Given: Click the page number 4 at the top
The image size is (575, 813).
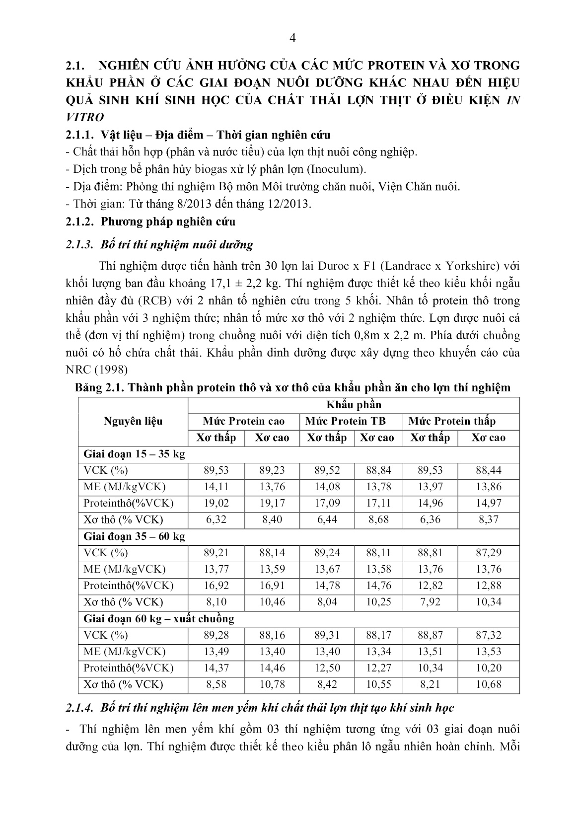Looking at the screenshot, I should click(x=292, y=39).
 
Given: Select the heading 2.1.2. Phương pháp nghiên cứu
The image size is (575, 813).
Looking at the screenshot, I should click(x=150, y=222).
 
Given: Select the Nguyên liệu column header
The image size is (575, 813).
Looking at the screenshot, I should click(x=133, y=421).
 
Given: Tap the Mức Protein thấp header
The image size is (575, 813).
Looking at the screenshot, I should click(x=452, y=421).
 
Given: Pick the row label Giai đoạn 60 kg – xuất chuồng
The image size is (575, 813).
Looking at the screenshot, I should click(x=158, y=619).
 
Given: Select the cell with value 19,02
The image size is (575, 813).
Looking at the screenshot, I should click(x=217, y=503).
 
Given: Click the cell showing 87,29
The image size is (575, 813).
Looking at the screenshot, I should click(x=489, y=553).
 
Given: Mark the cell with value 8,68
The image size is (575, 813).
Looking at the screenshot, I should click(x=377, y=519).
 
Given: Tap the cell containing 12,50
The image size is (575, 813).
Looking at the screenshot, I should click(x=327, y=668).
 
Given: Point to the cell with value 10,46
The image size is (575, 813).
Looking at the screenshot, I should click(x=272, y=602).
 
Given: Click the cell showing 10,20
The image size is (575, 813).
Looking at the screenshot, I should click(x=489, y=668).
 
